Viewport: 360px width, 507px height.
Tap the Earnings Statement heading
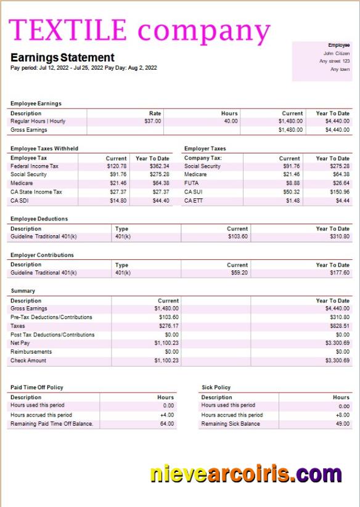(x=62, y=58)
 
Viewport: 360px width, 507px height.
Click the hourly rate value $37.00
(x=152, y=121)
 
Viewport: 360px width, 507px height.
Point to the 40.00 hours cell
(x=231, y=121)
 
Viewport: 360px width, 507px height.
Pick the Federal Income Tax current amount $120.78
(x=117, y=166)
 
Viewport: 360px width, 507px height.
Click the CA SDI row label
(x=20, y=200)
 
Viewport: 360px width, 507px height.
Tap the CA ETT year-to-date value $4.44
(x=343, y=200)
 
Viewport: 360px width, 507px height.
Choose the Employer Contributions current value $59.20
(x=239, y=272)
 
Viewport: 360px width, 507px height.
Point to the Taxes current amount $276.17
(x=168, y=326)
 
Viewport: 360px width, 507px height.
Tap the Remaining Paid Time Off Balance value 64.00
(x=166, y=424)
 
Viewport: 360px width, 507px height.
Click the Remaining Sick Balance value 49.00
(x=343, y=424)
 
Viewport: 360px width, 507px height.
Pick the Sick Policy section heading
(x=216, y=387)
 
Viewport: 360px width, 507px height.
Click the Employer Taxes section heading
(x=205, y=148)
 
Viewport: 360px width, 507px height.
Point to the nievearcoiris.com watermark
(x=245, y=474)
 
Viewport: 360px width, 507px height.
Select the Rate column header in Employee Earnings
(x=155, y=113)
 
